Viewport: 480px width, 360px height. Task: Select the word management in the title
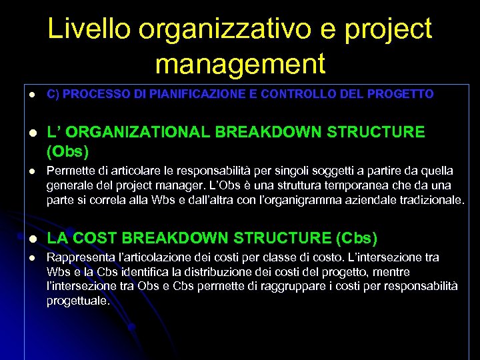pyautogui.click(x=240, y=64)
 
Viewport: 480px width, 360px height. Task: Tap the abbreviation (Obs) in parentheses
pyautogui.click(x=67, y=151)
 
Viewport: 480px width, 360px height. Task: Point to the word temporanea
pyautogui.click(x=343, y=185)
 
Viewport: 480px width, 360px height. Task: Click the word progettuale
pyautogui.click(x=77, y=301)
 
